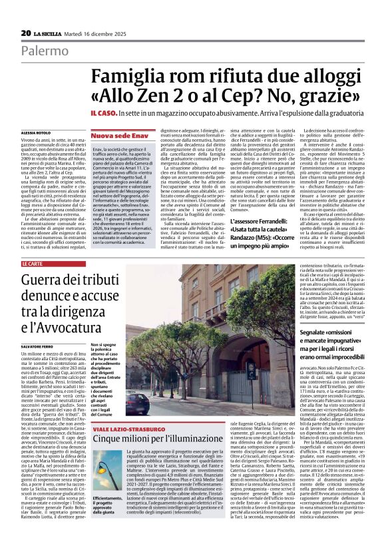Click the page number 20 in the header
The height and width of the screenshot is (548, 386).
(x=25, y=33)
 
